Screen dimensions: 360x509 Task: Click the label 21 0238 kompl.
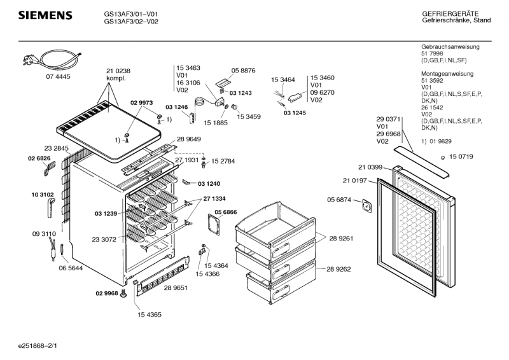[x=118, y=74]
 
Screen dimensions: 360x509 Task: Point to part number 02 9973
[x=142, y=102]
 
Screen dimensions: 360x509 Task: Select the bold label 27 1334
[x=214, y=199]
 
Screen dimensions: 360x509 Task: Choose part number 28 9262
[x=342, y=269]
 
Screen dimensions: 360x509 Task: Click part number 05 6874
[x=340, y=200]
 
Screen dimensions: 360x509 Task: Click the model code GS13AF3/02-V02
[x=131, y=21]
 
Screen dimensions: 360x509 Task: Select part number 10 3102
[x=42, y=194]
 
